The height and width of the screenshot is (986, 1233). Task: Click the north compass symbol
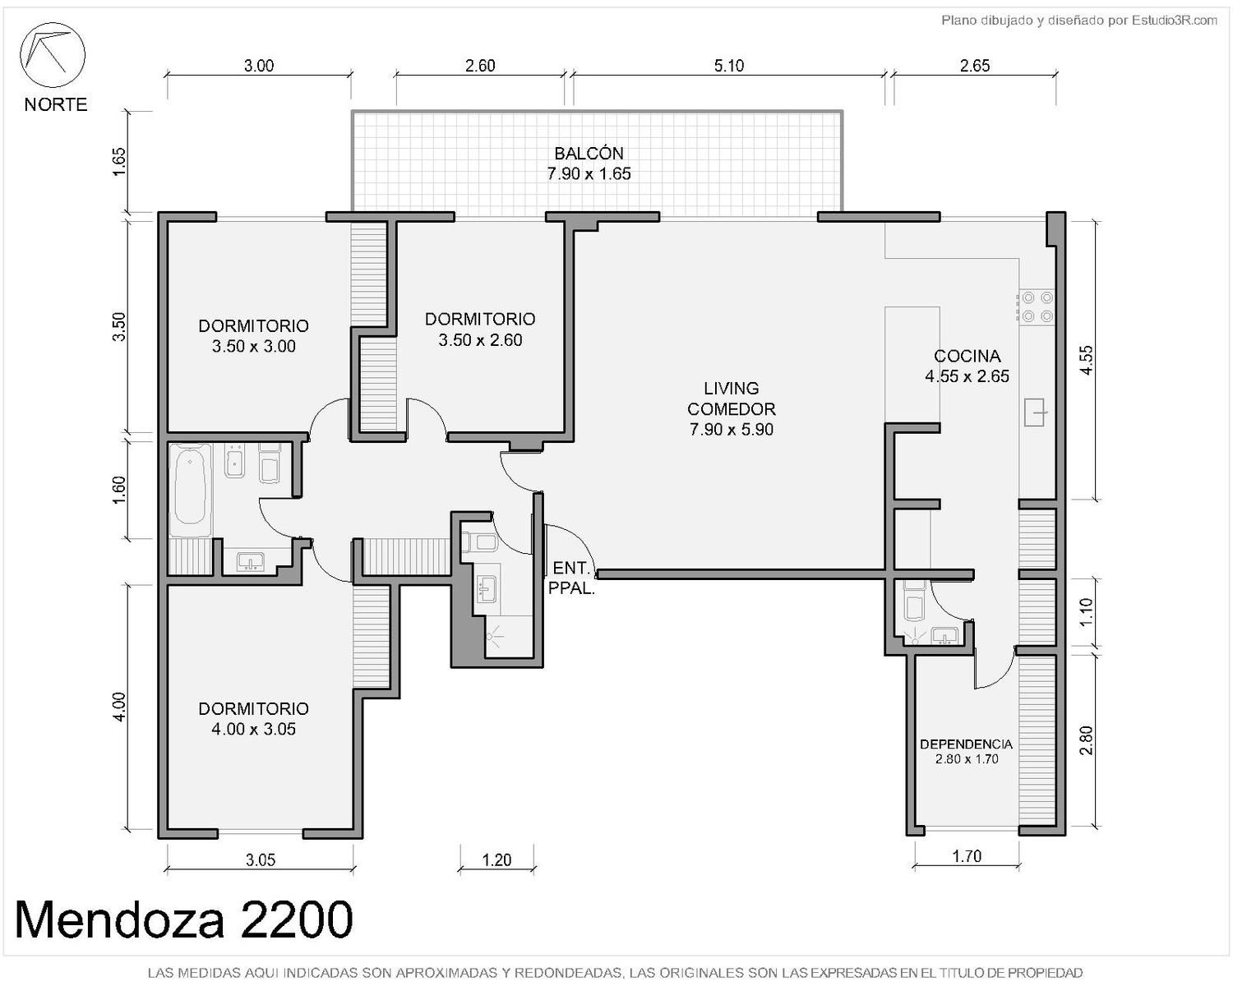point(53,56)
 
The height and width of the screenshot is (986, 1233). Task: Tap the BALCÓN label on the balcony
point(589,153)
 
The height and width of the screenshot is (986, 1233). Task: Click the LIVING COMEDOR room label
point(731,408)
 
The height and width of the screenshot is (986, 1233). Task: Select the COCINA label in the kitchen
point(967,356)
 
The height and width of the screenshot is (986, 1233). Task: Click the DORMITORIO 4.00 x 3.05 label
point(254,718)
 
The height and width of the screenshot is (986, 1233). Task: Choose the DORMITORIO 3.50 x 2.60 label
point(480,329)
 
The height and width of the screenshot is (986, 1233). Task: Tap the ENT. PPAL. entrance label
point(571,578)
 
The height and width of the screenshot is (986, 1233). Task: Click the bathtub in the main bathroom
point(190,489)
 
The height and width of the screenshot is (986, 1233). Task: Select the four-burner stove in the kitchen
point(1037,306)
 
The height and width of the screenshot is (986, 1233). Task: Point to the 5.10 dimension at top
point(729,66)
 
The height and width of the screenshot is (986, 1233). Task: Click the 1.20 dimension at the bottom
point(496,859)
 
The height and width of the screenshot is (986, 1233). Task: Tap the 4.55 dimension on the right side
point(1087,361)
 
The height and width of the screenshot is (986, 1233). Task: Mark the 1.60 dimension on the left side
point(118,491)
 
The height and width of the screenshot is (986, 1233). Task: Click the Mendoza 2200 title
point(184,919)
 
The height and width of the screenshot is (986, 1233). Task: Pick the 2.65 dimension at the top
point(975,66)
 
